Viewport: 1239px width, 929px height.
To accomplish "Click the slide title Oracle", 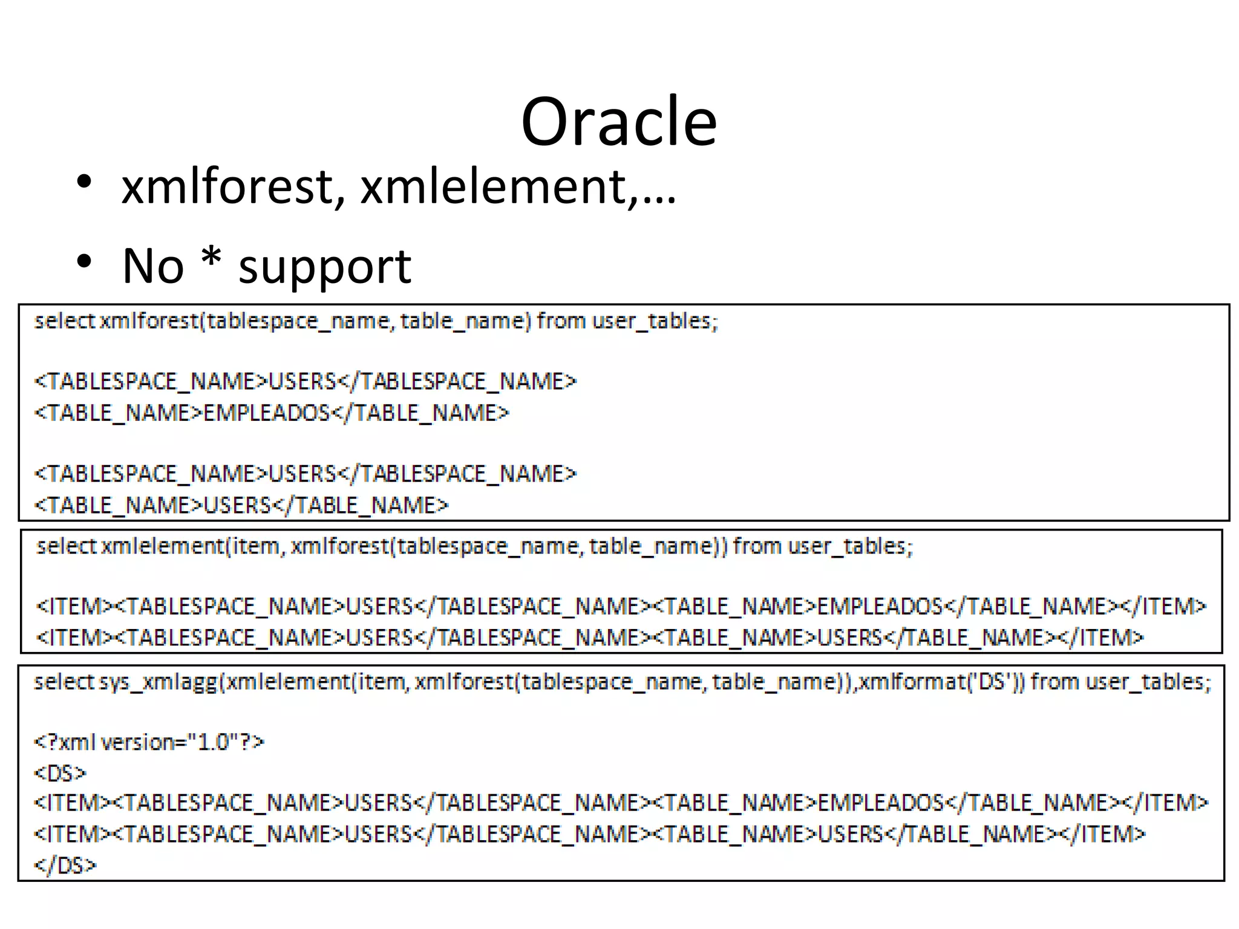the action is [x=619, y=122].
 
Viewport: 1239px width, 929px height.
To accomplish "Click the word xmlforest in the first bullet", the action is [x=227, y=187].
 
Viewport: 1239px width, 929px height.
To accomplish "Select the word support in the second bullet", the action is [x=325, y=267].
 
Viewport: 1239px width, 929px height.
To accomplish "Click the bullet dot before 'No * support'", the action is [x=84, y=261].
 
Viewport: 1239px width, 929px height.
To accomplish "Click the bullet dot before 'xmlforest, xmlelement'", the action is [x=84, y=181].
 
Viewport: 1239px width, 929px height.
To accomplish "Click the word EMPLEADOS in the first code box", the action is [x=266, y=413].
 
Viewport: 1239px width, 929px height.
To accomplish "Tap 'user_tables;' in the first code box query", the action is [x=655, y=321].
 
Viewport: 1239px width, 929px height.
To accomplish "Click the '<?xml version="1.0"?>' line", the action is [x=149, y=742].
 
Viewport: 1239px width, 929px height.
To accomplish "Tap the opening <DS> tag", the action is [x=60, y=773].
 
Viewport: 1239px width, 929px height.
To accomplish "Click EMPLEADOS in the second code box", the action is [x=880, y=606].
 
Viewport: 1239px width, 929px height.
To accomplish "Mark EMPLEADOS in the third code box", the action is [x=880, y=803].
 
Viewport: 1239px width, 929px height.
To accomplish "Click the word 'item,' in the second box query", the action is [x=257, y=546].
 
